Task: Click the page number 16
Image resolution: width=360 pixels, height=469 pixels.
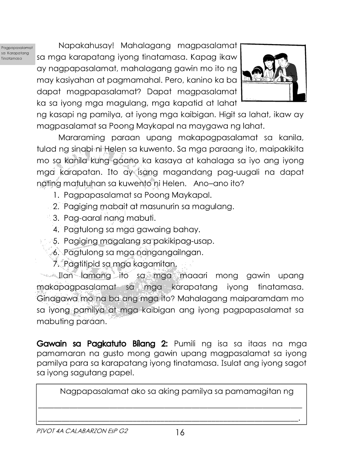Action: pyautogui.click(x=180, y=432)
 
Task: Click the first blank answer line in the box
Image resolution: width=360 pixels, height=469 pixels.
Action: pyautogui.click(x=170, y=407)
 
